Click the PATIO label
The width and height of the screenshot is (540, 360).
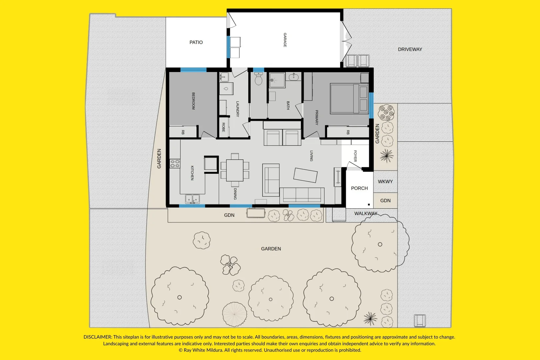coord(196,42)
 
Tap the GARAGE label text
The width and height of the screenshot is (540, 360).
coord(285,40)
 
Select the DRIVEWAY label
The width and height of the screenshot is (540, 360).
coord(410,49)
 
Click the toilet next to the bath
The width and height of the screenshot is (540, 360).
coord(258,79)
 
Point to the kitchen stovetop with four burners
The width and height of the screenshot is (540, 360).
coord(175,163)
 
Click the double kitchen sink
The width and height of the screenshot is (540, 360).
coord(192,199)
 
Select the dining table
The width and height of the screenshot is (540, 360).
coord(235,170)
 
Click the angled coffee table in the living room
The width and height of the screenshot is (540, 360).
coord(305,175)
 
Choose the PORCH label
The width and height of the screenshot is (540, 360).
coord(359,188)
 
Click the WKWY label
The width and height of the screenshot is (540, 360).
coord(385,182)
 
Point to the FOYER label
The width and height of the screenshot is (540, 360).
coord(355,156)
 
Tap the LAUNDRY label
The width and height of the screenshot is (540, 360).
coord(237,109)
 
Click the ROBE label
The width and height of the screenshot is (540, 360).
coord(223,127)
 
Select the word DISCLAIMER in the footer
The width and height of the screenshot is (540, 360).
coord(98,337)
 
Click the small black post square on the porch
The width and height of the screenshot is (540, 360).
coord(369,205)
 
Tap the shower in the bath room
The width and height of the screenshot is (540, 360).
coord(277,80)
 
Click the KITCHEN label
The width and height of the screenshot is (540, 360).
coord(192,173)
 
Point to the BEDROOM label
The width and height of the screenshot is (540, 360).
coord(193,101)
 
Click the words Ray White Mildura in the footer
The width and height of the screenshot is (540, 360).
coord(203,350)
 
